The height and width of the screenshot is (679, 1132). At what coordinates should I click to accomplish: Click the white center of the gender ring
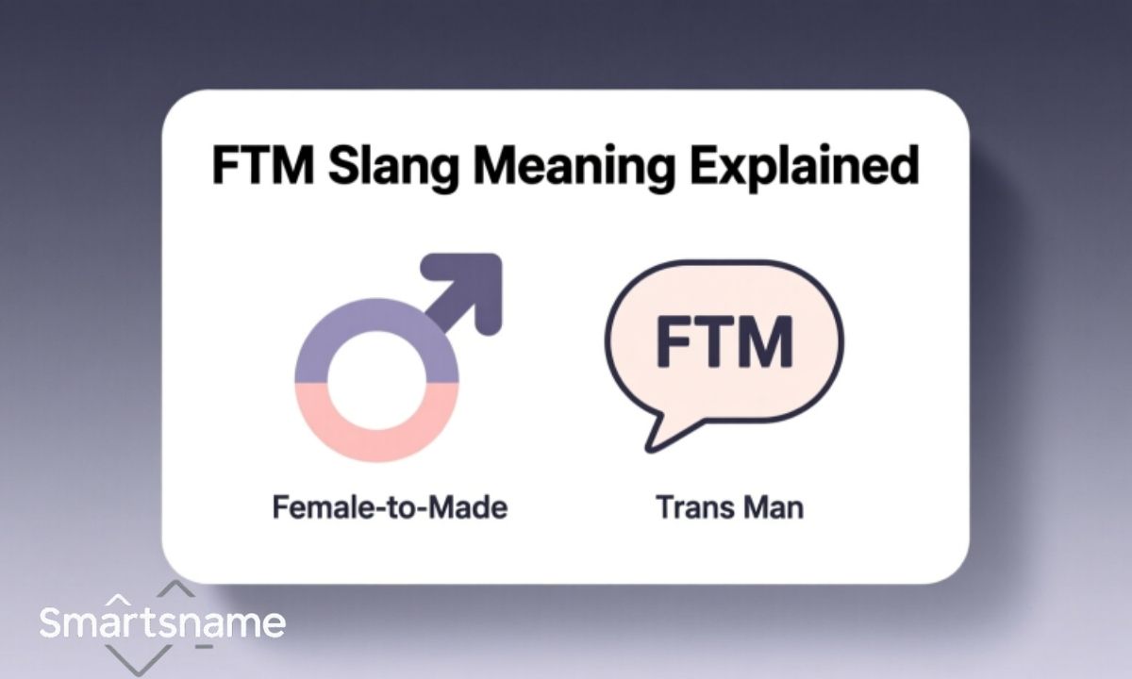pos(377,382)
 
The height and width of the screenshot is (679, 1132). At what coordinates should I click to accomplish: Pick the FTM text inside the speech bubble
pos(724,344)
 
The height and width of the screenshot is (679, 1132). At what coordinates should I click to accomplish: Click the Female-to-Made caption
pos(390,508)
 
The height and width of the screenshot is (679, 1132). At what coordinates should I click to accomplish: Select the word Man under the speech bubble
pos(773,508)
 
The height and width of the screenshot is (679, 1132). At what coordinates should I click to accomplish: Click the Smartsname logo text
pos(161,623)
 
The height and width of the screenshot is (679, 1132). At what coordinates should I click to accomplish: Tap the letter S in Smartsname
pos(53,623)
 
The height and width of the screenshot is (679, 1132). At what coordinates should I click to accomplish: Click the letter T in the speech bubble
pos(717,344)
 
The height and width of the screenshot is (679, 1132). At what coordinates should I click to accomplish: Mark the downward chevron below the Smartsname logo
pos(151,660)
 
